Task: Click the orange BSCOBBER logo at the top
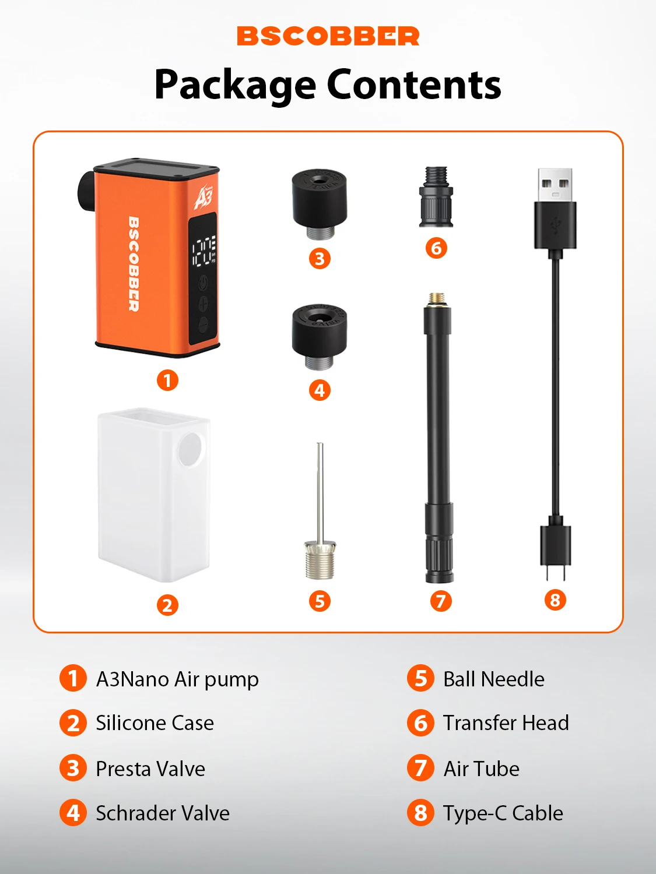click(x=328, y=36)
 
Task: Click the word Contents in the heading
click(x=414, y=84)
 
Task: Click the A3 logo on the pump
click(x=204, y=196)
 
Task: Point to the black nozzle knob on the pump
click(x=86, y=192)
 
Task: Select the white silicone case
click(x=154, y=495)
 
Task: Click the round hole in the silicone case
click(x=191, y=450)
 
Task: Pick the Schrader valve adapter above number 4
click(x=320, y=337)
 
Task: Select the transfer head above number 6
click(x=436, y=197)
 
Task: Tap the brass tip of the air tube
click(x=437, y=299)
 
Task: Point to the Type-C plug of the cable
click(x=555, y=549)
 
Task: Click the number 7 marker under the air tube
click(x=440, y=601)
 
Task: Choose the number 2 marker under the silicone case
click(x=167, y=605)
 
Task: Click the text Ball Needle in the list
click(x=493, y=679)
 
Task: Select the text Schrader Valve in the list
click(x=163, y=813)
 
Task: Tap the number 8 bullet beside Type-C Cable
click(x=420, y=813)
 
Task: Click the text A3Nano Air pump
click(x=177, y=679)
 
